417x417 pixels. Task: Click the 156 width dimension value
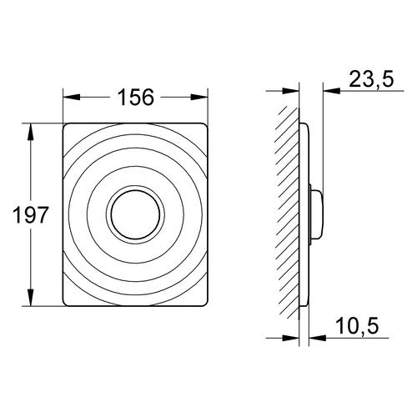click(135, 98)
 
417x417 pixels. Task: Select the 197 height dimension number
click(31, 214)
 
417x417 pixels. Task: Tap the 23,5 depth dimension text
click(371, 79)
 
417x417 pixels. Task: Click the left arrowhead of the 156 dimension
click(72, 98)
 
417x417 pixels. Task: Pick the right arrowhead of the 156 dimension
click(199, 98)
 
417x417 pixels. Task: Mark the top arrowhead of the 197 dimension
click(30, 132)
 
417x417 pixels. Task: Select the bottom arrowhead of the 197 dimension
click(30, 298)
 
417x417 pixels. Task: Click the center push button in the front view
click(135, 214)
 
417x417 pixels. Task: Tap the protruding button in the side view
click(317, 214)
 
